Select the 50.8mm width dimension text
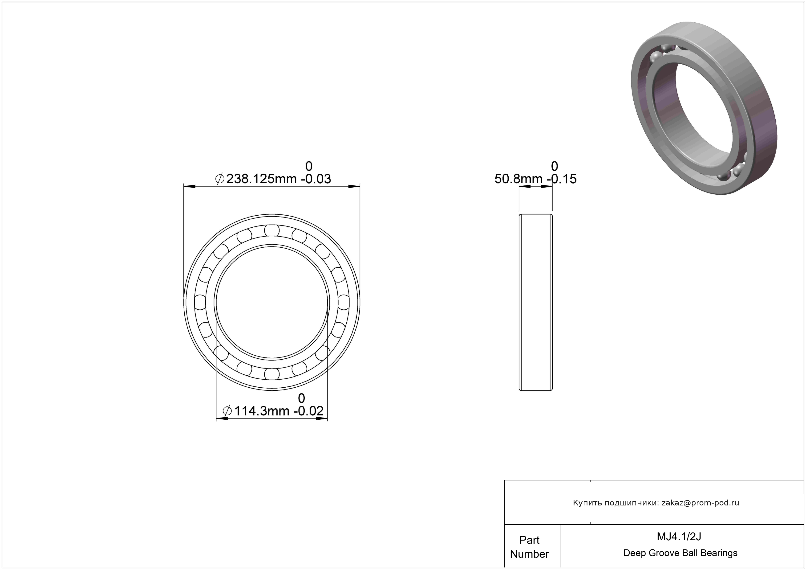click(518, 179)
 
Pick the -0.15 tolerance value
click(562, 179)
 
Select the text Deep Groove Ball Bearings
click(680, 553)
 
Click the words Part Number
click(529, 547)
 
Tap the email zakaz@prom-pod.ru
click(700, 503)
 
